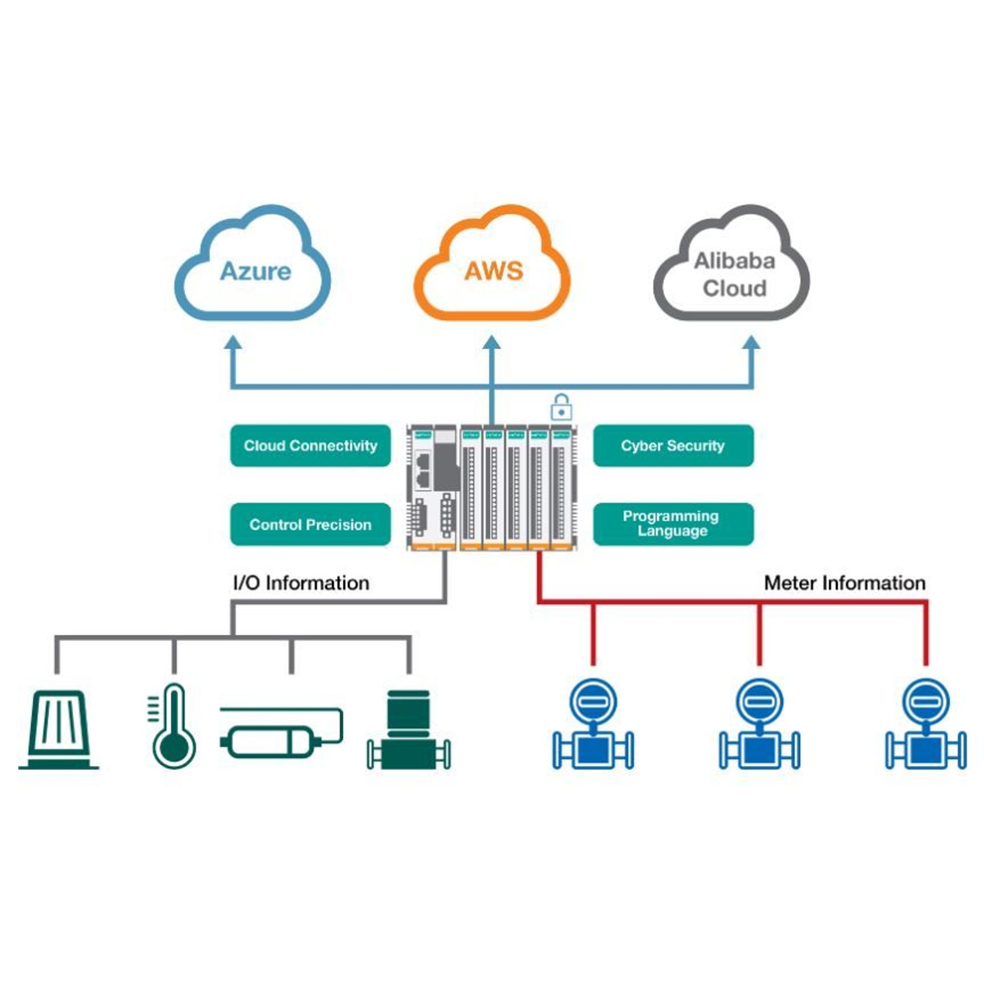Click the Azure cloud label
[x=255, y=271]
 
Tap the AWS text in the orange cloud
[x=494, y=271]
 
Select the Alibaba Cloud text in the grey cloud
[x=734, y=275]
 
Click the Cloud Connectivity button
[x=310, y=445]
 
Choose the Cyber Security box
[x=673, y=445]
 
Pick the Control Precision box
[x=310, y=524]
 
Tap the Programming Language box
[x=673, y=524]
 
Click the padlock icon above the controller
[x=561, y=407]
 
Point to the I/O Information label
[x=301, y=583]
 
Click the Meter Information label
[x=845, y=583]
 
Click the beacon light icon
[x=59, y=730]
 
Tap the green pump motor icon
[x=408, y=730]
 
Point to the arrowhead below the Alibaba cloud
[x=752, y=343]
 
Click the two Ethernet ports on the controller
[x=423, y=469]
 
